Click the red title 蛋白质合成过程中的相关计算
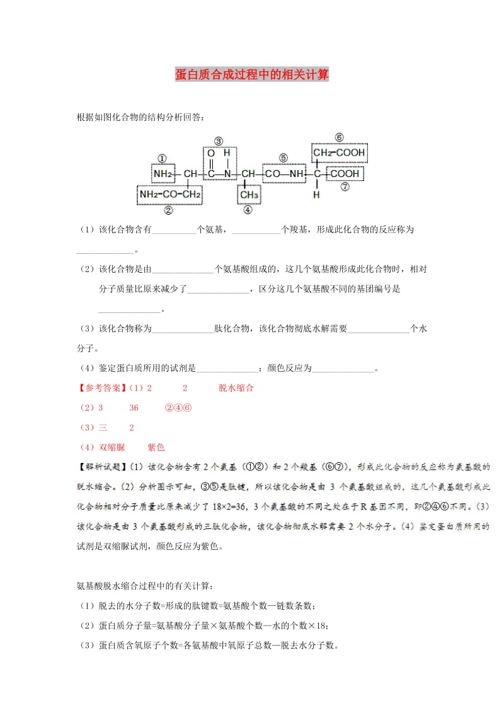(252, 75)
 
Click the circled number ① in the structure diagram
(162, 159)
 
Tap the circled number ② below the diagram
(169, 210)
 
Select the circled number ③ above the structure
(219, 141)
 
